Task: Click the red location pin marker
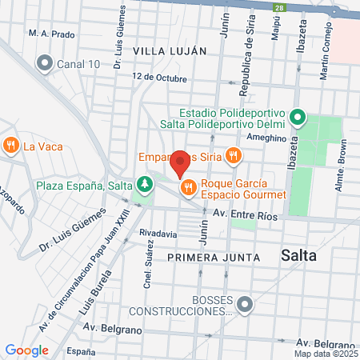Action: pyautogui.click(x=181, y=162)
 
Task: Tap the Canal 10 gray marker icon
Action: pyautogui.click(x=44, y=62)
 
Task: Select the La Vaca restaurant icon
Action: pyautogui.click(x=11, y=146)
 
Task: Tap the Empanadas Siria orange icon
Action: pyautogui.click(x=234, y=155)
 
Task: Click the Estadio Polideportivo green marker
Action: pyautogui.click(x=298, y=118)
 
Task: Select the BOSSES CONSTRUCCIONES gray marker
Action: pyautogui.click(x=246, y=303)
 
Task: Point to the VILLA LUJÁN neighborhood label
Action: pyautogui.click(x=170, y=50)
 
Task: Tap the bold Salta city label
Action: pyautogui.click(x=299, y=256)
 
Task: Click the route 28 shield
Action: pyautogui.click(x=278, y=8)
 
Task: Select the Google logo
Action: pyautogui.click(x=26, y=350)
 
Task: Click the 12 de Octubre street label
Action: pyautogui.click(x=160, y=78)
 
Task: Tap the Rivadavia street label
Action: pyautogui.click(x=158, y=234)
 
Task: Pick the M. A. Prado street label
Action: pyautogui.click(x=50, y=34)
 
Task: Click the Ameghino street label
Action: pyautogui.click(x=266, y=138)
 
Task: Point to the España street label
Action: pyautogui.click(x=81, y=351)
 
